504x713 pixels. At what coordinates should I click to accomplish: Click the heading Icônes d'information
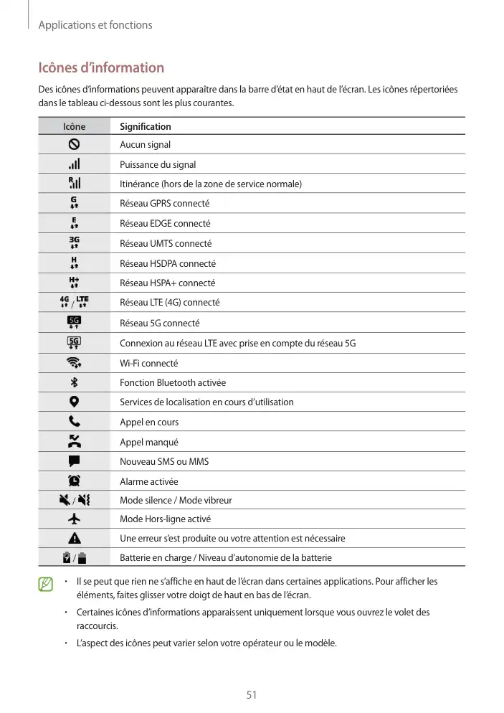(x=101, y=68)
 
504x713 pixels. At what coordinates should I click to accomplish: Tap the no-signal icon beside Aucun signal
(x=74, y=144)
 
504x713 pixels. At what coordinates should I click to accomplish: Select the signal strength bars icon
(x=74, y=164)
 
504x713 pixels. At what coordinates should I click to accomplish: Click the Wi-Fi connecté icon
(x=74, y=363)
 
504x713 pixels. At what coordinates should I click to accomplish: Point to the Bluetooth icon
(x=74, y=382)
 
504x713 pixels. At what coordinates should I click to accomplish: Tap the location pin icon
(x=74, y=402)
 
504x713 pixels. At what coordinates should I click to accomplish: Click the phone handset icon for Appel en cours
(x=74, y=422)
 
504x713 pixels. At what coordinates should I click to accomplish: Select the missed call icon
(x=74, y=441)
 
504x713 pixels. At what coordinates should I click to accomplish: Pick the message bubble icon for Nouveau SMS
(x=74, y=461)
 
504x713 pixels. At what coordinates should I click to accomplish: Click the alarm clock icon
(x=74, y=481)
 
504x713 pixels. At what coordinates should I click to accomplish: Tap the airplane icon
(x=74, y=519)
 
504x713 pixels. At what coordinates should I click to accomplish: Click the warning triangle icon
(x=74, y=538)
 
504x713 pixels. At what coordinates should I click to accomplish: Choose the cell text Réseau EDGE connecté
(x=165, y=224)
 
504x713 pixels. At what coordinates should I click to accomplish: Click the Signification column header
(x=146, y=127)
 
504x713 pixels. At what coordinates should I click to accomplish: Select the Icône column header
(x=74, y=127)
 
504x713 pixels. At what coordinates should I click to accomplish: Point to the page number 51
(x=252, y=694)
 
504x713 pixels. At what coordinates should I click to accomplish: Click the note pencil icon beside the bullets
(x=47, y=585)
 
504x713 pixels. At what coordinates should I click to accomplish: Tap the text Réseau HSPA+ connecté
(x=167, y=283)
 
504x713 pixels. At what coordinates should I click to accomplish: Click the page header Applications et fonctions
(x=95, y=25)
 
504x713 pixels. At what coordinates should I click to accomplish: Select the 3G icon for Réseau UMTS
(x=74, y=243)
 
